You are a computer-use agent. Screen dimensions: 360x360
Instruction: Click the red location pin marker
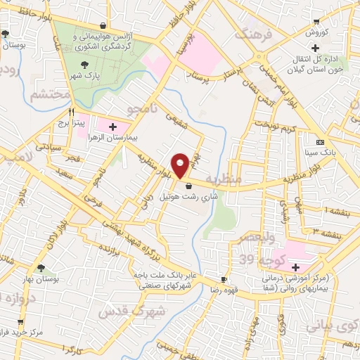point(181,165)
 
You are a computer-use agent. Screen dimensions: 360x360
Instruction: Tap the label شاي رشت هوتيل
point(186,196)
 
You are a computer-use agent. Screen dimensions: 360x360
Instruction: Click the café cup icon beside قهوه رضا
point(224,279)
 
